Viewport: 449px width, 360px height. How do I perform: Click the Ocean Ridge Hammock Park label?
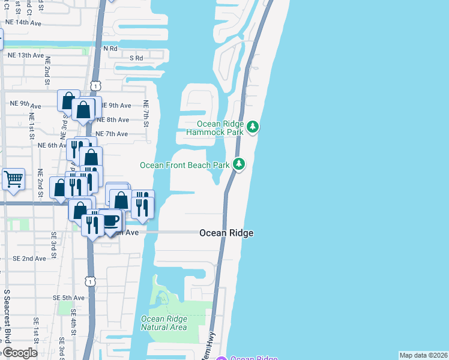click(x=215, y=127)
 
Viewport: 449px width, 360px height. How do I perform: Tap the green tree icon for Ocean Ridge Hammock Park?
click(x=253, y=127)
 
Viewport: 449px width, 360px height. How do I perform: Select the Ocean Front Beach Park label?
click(x=185, y=164)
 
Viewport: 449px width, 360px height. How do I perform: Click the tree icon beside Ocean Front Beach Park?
click(x=239, y=164)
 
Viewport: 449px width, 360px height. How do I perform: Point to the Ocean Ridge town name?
click(x=226, y=233)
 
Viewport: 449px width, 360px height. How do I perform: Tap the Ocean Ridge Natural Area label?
click(x=164, y=323)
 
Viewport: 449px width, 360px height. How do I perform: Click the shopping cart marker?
click(x=13, y=179)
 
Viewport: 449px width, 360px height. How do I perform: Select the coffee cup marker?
click(x=111, y=221)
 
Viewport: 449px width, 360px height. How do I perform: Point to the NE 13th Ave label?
click(x=26, y=55)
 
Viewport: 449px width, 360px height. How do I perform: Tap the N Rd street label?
click(x=110, y=48)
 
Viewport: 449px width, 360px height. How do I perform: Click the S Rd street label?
click(x=136, y=58)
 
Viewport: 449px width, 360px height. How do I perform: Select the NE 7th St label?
click(x=146, y=114)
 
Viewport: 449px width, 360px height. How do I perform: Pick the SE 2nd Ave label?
click(x=29, y=259)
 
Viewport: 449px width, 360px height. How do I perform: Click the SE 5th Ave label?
click(x=68, y=298)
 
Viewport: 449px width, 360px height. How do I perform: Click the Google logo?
click(x=20, y=352)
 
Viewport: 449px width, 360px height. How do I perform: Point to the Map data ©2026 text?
click(x=424, y=355)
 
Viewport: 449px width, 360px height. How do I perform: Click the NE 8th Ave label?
click(x=113, y=120)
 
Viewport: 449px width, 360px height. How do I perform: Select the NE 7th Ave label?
click(x=112, y=134)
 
